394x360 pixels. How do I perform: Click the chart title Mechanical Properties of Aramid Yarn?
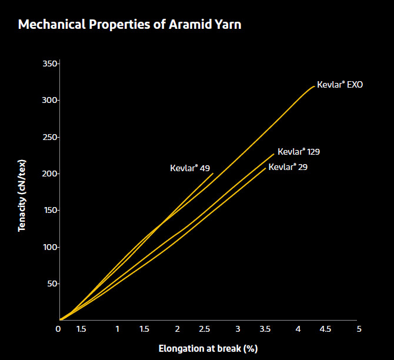(129, 25)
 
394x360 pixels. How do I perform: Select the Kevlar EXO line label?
(340, 85)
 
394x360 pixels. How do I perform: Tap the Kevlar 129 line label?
(299, 152)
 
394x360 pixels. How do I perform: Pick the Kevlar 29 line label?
(288, 167)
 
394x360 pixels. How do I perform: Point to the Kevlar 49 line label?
(190, 168)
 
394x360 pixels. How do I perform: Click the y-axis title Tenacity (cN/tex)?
(22, 192)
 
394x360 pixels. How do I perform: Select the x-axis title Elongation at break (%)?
(208, 348)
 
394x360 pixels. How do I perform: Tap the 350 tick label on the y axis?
(50, 64)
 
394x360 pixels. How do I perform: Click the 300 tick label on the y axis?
(50, 100)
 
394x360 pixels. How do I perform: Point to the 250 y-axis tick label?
(50, 137)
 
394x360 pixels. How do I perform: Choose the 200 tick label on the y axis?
(50, 174)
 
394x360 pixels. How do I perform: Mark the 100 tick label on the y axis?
(50, 247)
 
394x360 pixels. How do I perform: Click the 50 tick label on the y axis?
(52, 284)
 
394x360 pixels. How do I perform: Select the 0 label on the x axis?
(58, 329)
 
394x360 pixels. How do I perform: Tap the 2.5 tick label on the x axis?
(207, 329)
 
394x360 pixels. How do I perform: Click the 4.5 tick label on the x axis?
(325, 329)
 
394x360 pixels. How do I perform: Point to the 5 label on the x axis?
(358, 329)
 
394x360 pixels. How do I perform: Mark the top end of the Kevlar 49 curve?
(213, 173)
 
